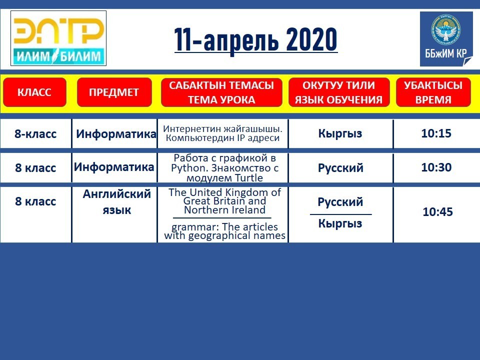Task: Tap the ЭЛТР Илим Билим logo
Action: [58, 38]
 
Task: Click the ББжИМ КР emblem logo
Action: [446, 39]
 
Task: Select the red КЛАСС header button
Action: [34, 92]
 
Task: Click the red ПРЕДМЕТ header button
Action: [114, 92]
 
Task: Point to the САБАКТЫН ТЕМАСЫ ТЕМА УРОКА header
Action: [221, 92]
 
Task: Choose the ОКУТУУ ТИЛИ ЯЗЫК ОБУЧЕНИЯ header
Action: [339, 92]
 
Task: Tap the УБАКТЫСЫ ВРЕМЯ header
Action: [433, 92]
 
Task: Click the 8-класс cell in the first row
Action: [35, 134]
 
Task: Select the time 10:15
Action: [436, 133]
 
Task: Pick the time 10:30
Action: [436, 167]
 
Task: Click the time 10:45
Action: [438, 211]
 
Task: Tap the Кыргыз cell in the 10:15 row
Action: [340, 133]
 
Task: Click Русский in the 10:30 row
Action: [340, 168]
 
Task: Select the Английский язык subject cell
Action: [116, 201]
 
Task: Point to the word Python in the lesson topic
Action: [189, 168]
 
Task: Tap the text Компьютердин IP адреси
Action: [222, 138]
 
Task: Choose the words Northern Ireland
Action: [224, 210]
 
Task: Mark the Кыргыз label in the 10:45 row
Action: [340, 223]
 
